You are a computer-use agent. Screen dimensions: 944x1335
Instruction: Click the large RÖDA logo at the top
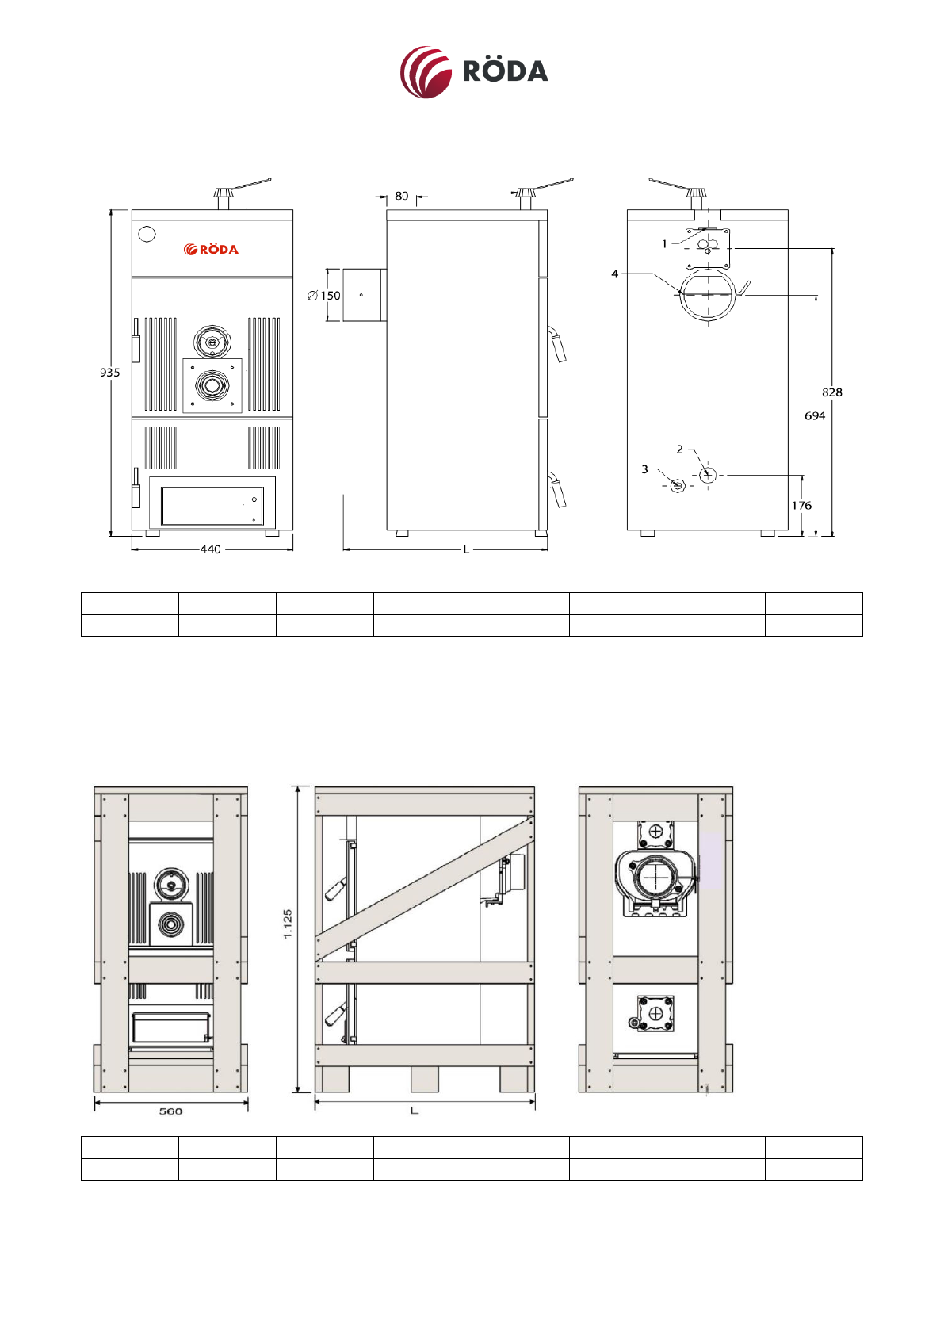pos(474,71)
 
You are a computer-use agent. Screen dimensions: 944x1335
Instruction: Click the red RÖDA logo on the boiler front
pos(211,249)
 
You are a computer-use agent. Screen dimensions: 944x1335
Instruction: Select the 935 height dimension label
pos(109,373)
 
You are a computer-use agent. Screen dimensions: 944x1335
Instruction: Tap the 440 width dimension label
pos(210,549)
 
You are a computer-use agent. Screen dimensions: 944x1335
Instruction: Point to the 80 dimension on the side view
pos(402,196)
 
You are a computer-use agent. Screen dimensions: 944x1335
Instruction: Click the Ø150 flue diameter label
pos(323,296)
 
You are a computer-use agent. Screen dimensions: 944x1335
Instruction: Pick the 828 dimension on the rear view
pos(832,392)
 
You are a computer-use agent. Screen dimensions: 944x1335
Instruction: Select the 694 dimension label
pos(815,416)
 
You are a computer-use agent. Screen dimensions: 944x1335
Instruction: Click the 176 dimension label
pos(801,506)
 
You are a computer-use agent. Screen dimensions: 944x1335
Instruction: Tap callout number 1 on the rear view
pos(664,243)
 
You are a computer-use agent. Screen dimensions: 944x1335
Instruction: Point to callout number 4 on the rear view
pos(615,274)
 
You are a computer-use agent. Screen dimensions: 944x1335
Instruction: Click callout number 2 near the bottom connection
pos(679,449)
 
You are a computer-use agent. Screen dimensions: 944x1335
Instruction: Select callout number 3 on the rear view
pos(645,469)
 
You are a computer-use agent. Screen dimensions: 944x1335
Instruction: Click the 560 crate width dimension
pos(170,1111)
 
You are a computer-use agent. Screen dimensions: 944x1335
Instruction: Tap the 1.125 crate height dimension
pos(288,924)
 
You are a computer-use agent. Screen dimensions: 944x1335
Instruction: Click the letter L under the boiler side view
pos(466,549)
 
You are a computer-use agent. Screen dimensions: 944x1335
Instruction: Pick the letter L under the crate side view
pos(415,1111)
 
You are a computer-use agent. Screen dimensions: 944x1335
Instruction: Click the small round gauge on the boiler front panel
pos(147,234)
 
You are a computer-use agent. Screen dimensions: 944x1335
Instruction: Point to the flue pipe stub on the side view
pos(364,295)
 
